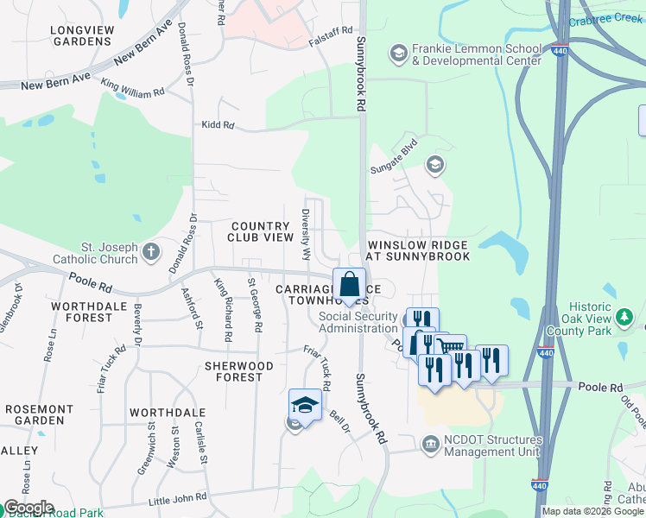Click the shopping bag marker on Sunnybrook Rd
pyautogui.click(x=349, y=285)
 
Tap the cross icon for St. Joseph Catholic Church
pyautogui.click(x=151, y=252)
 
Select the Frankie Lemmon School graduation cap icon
pyautogui.click(x=398, y=54)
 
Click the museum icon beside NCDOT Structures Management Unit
pyautogui.click(x=430, y=444)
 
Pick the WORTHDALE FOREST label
pyautogui.click(x=81, y=312)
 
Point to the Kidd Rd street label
pyautogui.click(x=217, y=125)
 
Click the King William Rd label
pyautogui.click(x=132, y=87)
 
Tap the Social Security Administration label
pyautogui.click(x=358, y=322)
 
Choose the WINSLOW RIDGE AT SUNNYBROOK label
pyautogui.click(x=418, y=250)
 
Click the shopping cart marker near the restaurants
pyautogui.click(x=449, y=347)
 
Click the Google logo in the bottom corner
pyautogui.click(x=28, y=508)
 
